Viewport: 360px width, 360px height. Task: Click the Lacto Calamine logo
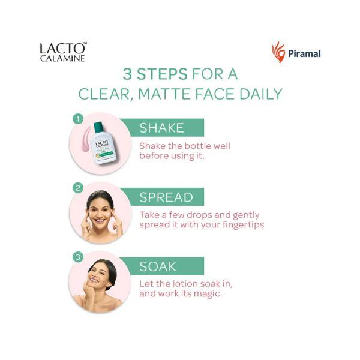pos(63,52)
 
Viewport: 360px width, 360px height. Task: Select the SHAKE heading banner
pos(162,128)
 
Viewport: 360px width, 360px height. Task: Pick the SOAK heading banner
pos(162,266)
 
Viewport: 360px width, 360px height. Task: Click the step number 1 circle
pos(77,119)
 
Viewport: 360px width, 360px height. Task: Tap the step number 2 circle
pos(77,188)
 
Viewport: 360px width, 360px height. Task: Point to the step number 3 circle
pos(77,257)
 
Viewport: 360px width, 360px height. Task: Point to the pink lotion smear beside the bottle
pos(85,137)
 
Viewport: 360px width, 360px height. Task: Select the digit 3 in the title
pos(127,74)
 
